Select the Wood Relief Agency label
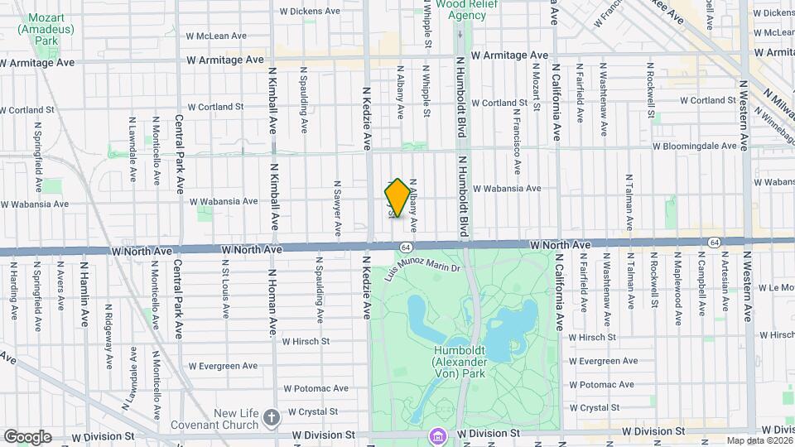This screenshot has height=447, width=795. pyautogui.click(x=461, y=9)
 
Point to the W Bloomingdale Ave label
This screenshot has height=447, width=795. pyautogui.click(x=694, y=146)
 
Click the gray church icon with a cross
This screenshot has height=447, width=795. pyautogui.click(x=272, y=418)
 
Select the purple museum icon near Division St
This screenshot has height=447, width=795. pyautogui.click(x=436, y=435)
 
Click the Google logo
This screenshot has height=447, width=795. pyautogui.click(x=26, y=437)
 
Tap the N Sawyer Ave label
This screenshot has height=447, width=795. pyautogui.click(x=337, y=209)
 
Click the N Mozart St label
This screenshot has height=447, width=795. pyautogui.click(x=537, y=91)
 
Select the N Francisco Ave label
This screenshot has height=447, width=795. pyautogui.click(x=516, y=141)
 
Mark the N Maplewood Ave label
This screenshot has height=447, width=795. pyautogui.click(x=677, y=288)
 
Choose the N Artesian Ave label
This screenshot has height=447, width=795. pyautogui.click(x=725, y=287)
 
